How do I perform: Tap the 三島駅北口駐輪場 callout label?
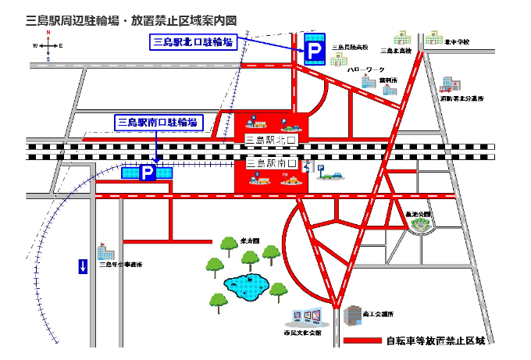(x=193, y=43)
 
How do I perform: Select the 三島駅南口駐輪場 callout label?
(x=157, y=123)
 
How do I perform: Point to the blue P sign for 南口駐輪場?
(x=147, y=173)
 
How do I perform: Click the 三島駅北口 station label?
(x=273, y=140)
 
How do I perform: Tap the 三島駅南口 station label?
(x=273, y=164)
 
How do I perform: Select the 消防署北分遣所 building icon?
(x=448, y=84)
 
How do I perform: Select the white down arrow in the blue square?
(x=83, y=266)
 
